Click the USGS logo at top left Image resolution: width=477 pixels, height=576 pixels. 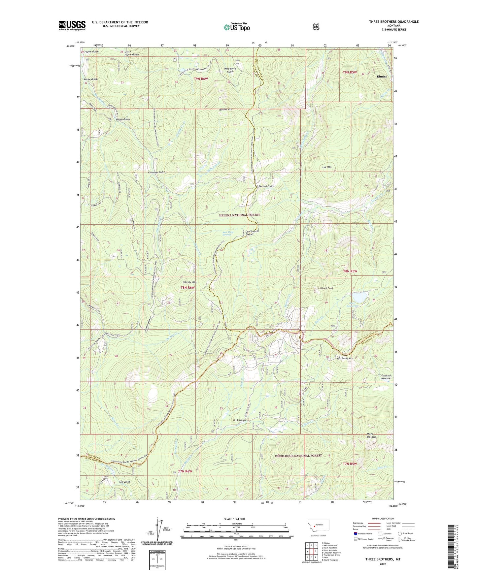click(72, 25)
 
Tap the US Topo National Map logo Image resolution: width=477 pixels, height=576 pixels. click(236, 27)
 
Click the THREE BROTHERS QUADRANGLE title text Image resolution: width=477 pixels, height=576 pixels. click(393, 22)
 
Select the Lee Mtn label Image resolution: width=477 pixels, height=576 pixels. click(327, 167)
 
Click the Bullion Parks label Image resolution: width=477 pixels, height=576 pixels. click(266, 186)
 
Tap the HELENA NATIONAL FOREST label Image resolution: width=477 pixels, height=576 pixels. click(239, 215)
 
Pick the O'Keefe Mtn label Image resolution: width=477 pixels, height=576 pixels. click(189, 282)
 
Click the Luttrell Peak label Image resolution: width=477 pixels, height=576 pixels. click(325, 288)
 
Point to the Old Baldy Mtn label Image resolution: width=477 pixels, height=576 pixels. click(345, 358)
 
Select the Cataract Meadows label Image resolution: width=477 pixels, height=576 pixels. click(384, 377)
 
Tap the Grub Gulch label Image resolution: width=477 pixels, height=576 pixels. click(239, 420)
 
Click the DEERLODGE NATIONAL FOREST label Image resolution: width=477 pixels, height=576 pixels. click(298, 456)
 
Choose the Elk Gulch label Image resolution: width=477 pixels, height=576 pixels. click(124, 482)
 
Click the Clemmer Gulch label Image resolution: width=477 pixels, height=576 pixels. click(156, 172)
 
